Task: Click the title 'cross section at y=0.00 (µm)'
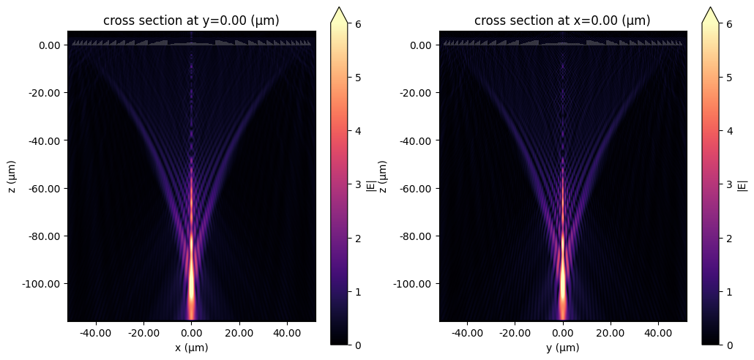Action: tap(191, 20)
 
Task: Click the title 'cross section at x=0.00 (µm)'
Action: tap(562, 20)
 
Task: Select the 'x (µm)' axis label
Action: tap(191, 348)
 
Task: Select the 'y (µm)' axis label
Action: tap(562, 348)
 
